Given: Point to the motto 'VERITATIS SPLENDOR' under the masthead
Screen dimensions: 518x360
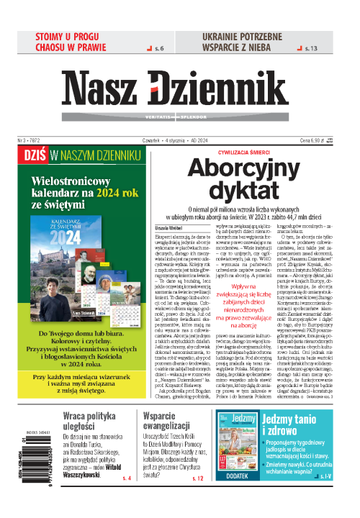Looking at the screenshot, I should (x=180, y=109).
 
